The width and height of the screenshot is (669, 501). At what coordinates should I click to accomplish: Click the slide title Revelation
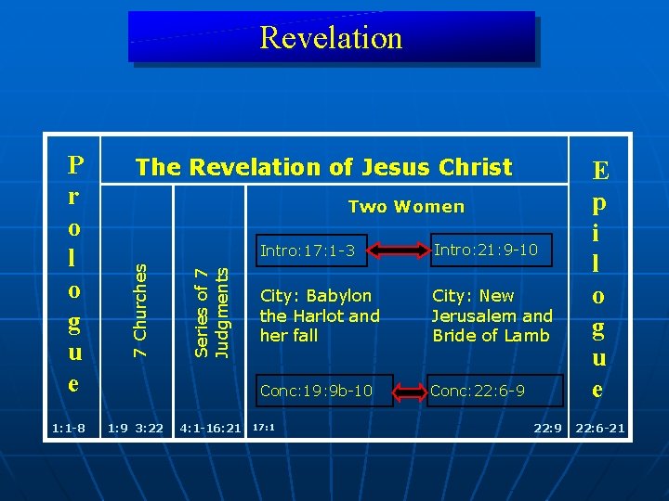pyautogui.click(x=331, y=37)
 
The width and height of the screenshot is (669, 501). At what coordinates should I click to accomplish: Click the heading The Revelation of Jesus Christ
pyautogui.click(x=323, y=167)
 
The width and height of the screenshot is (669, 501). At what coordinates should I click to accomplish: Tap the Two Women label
pyautogui.click(x=406, y=206)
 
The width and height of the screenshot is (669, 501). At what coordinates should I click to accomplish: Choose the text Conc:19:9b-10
pyautogui.click(x=316, y=391)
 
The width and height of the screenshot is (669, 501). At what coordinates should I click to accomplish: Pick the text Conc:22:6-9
pyautogui.click(x=477, y=391)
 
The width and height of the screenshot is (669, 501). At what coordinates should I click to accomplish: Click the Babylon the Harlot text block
pyautogui.click(x=320, y=315)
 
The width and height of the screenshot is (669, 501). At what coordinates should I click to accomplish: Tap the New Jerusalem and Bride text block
pyautogui.click(x=492, y=315)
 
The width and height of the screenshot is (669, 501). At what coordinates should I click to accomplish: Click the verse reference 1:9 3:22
pyautogui.click(x=136, y=429)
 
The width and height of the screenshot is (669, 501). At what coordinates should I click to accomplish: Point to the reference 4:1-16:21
pyautogui.click(x=211, y=429)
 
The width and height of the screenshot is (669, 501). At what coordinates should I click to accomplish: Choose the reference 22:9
pyautogui.click(x=547, y=429)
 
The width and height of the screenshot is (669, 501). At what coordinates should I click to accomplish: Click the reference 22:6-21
pyautogui.click(x=600, y=429)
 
